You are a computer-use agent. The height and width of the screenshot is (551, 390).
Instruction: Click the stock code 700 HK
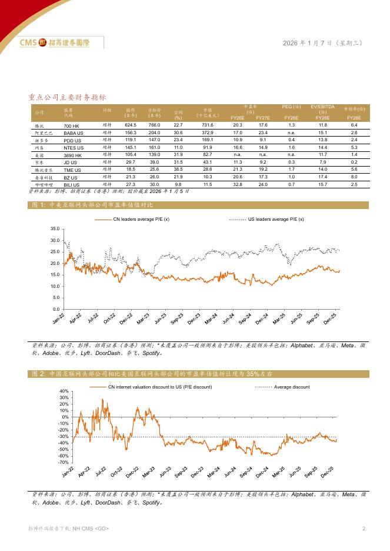tap(72, 125)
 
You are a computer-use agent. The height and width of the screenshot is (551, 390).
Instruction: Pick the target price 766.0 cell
tap(155, 125)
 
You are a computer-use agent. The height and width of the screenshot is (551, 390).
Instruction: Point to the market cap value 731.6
tap(208, 125)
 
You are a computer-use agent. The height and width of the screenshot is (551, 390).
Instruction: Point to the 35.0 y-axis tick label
tap(54, 228)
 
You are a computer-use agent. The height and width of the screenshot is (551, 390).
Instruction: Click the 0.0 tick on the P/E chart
tap(55, 309)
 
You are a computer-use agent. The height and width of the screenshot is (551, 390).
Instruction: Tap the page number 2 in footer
tap(364, 529)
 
